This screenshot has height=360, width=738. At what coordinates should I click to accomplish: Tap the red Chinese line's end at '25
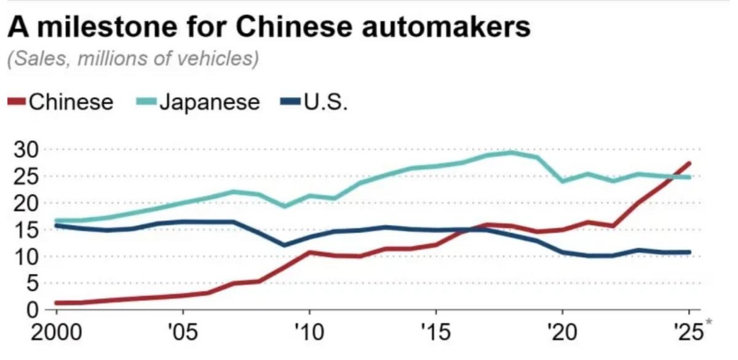(x=689, y=163)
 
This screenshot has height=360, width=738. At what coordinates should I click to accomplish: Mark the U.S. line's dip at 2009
(x=284, y=245)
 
